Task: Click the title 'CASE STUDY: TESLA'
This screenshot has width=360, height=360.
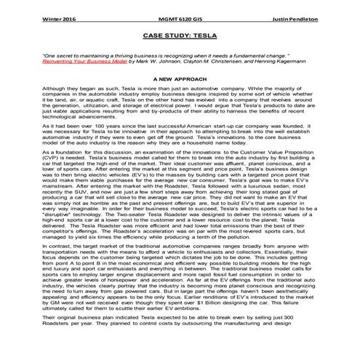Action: point(179,33)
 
